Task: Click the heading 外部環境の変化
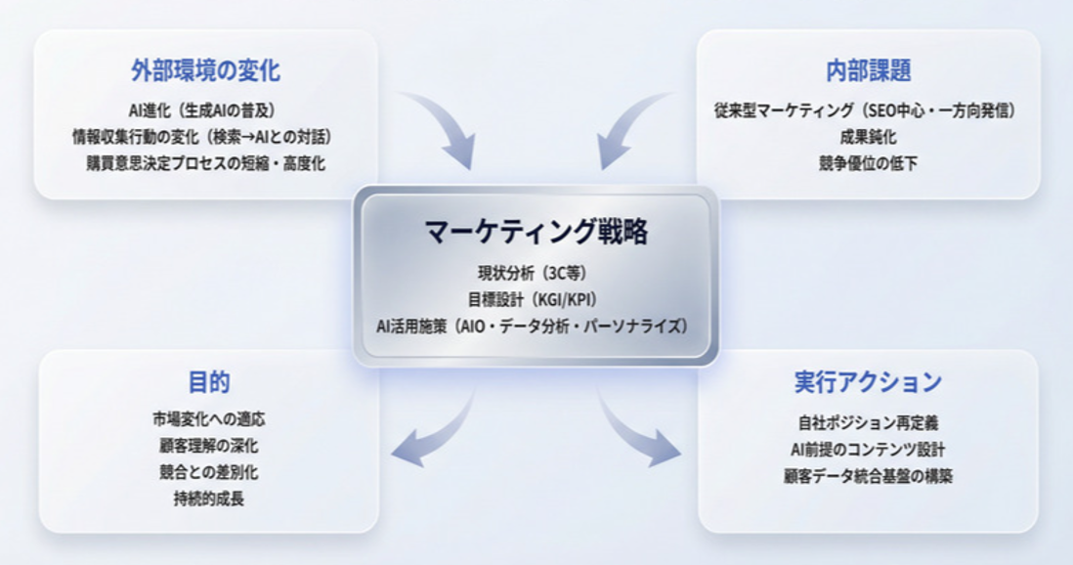[205, 70]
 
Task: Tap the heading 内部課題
[868, 70]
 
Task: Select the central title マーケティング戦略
[536, 232]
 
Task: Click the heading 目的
[208, 381]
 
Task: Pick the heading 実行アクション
[868, 381]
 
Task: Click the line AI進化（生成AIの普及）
[206, 109]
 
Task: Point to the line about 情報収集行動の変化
[206, 136]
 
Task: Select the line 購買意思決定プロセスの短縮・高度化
[206, 162]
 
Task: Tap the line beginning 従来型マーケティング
[868, 109]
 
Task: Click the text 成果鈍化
[868, 136]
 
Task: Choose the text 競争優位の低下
[868, 162]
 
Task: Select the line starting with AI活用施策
[536, 324]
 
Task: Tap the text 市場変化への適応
[208, 420]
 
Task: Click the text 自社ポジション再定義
[868, 423]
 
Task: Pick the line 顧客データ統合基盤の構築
[868, 476]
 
